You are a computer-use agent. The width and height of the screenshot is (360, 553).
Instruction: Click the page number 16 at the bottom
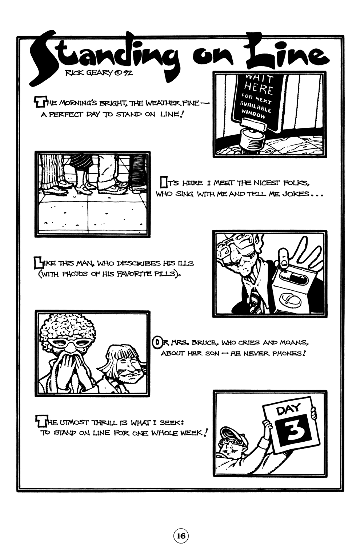(181, 536)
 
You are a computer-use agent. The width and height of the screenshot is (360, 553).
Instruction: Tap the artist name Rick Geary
(89, 73)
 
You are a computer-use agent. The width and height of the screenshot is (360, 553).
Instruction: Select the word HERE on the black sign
(259, 88)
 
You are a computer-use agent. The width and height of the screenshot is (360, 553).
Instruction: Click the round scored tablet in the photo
(290, 299)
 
